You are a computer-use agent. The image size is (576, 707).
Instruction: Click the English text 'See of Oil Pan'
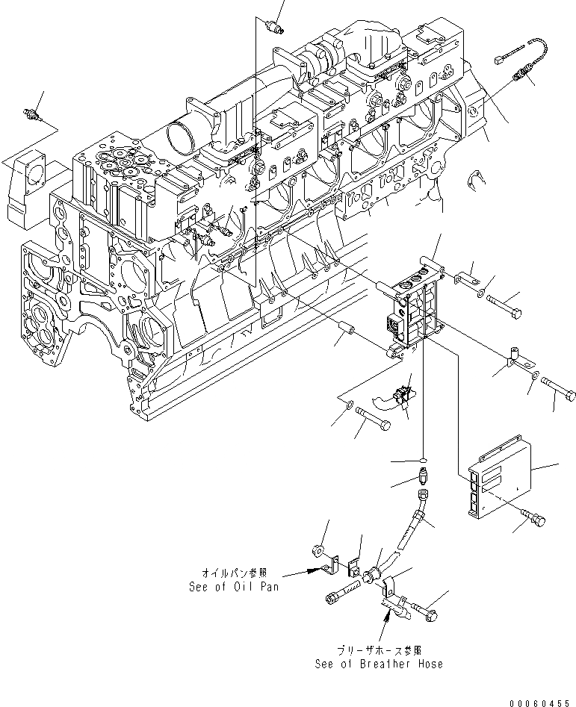pos(234,587)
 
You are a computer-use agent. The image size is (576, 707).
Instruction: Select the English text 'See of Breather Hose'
pos(379,664)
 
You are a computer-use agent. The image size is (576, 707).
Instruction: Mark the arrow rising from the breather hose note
pos(386,616)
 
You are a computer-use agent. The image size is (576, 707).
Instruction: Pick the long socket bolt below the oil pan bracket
pos(342,597)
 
